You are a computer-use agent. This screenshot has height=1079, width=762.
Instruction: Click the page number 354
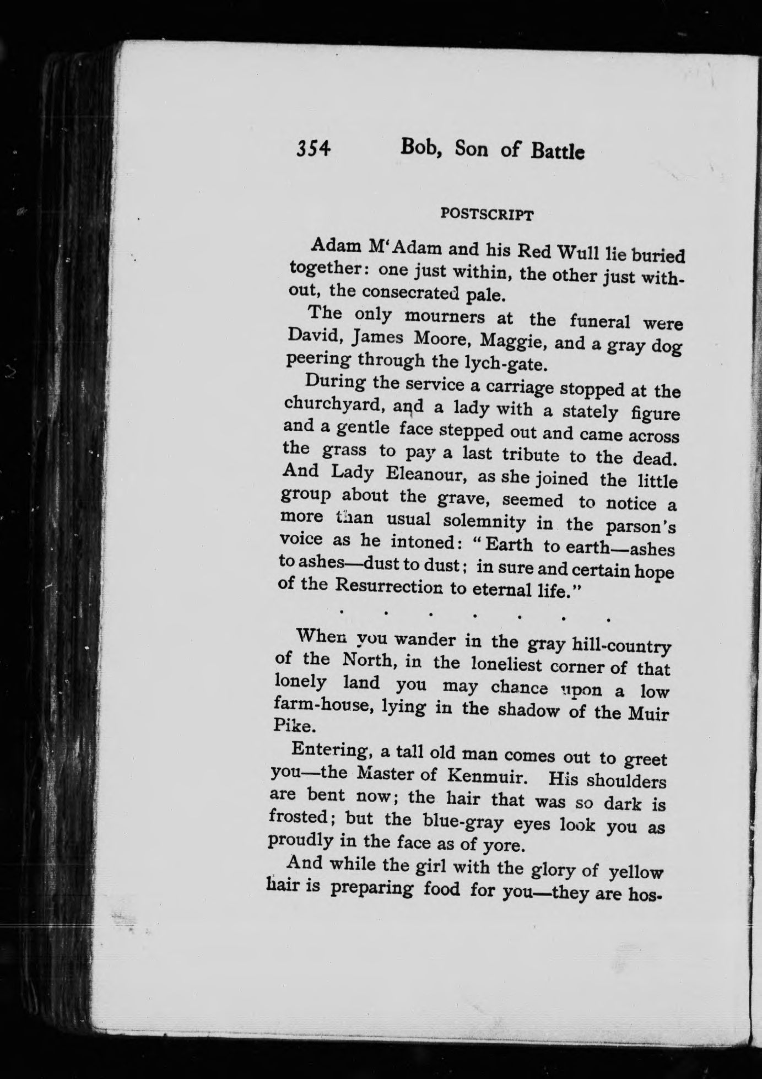[313, 149]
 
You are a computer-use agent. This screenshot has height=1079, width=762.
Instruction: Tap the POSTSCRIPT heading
[487, 215]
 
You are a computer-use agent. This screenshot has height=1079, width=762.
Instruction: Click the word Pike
[287, 726]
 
